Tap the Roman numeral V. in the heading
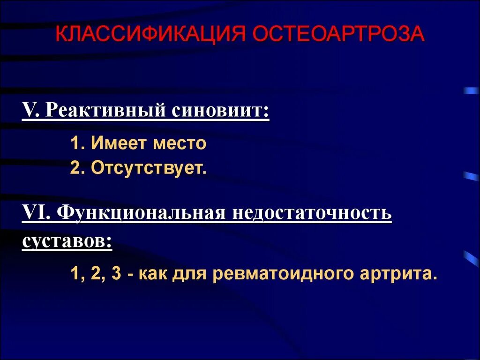tap(32, 111)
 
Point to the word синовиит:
tap(220, 111)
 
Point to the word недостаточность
tap(311, 213)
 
